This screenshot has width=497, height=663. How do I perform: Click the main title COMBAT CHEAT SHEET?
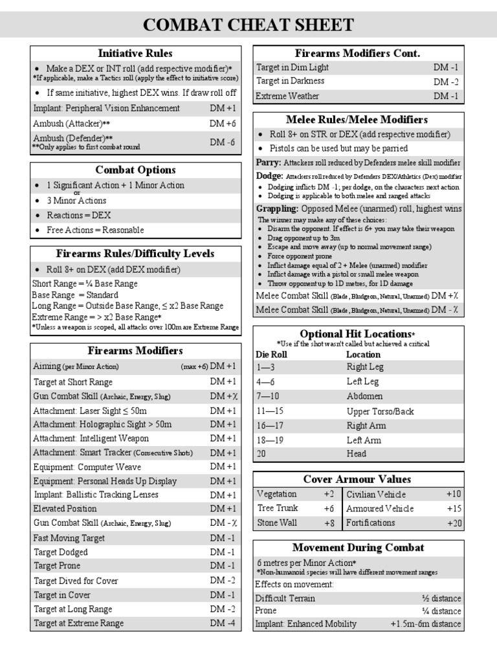coord(248,25)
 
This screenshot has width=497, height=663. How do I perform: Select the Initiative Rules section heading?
coord(135,53)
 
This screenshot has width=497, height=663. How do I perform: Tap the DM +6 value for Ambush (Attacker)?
coord(223,124)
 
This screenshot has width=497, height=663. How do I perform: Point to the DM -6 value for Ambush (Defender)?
coord(223,142)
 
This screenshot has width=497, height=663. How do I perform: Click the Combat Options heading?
coord(135,170)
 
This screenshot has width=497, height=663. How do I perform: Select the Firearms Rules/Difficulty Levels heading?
coord(135,253)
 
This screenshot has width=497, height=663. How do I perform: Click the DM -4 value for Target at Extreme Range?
coord(223,624)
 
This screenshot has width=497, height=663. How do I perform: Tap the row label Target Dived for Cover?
coord(76,581)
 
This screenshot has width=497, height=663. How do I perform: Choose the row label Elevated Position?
coord(65,509)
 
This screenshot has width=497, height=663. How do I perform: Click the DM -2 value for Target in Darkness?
coord(446,82)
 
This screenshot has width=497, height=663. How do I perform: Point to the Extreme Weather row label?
coord(287,96)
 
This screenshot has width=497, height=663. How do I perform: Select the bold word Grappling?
coord(277,208)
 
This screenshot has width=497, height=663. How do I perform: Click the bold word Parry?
coord(268,163)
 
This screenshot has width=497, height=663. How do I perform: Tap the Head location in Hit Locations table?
coord(356,454)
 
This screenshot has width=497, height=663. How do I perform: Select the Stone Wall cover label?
coord(277,523)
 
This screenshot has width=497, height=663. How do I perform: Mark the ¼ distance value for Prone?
coord(442,611)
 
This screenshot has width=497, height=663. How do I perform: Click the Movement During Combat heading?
coord(359,548)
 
